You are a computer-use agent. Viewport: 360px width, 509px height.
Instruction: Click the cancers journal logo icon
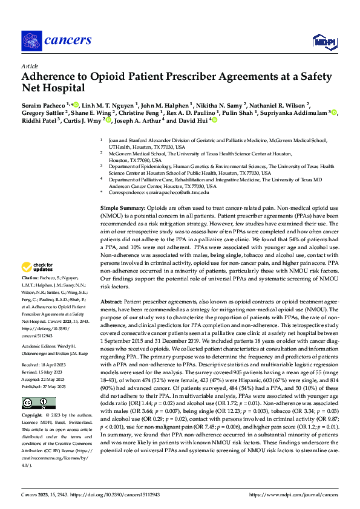tap(31, 41)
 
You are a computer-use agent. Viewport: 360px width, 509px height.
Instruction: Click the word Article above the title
tap(30, 66)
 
